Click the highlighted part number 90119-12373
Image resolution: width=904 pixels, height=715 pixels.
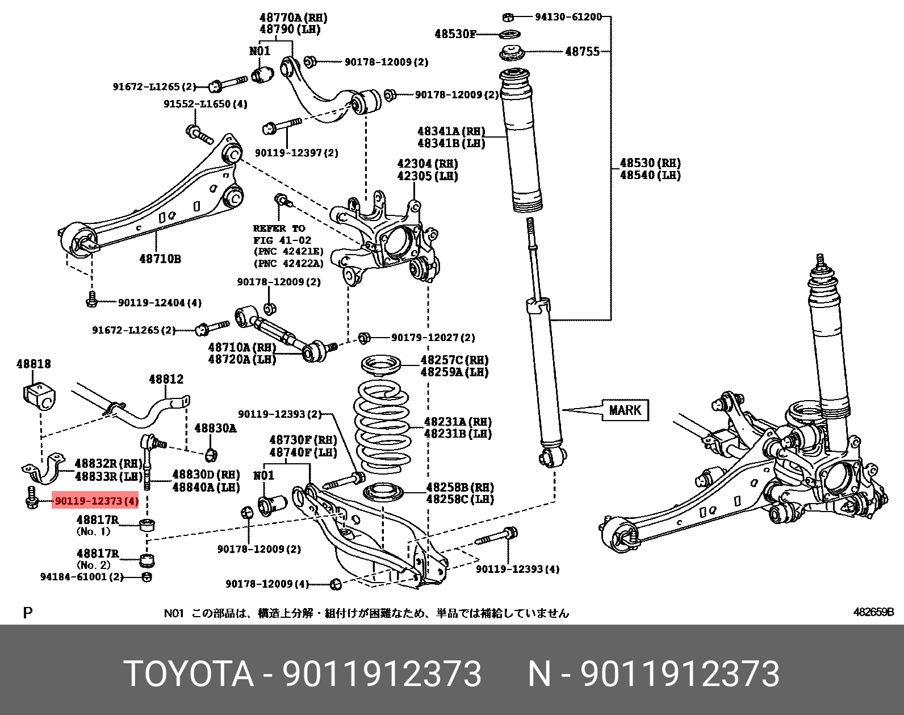95,501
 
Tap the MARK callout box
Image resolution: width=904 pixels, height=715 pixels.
625,410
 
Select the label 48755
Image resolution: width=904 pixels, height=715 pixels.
582,52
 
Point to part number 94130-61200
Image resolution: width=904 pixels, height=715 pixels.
568,17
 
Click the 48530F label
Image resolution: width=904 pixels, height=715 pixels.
455,34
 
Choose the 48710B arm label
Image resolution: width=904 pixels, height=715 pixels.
160,259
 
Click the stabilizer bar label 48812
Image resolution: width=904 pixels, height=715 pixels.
166,379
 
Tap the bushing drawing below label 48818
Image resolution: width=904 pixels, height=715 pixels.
39,396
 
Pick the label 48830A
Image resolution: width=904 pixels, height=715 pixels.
215,428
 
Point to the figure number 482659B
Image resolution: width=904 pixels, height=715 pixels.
873,612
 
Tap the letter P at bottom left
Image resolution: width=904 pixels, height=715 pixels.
27,613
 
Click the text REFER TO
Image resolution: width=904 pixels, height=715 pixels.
279,228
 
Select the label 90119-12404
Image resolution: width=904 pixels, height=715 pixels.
159,303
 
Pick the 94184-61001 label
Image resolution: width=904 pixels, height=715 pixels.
82,577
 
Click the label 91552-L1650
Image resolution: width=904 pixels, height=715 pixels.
205,104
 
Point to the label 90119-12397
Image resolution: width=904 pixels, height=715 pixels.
296,153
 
